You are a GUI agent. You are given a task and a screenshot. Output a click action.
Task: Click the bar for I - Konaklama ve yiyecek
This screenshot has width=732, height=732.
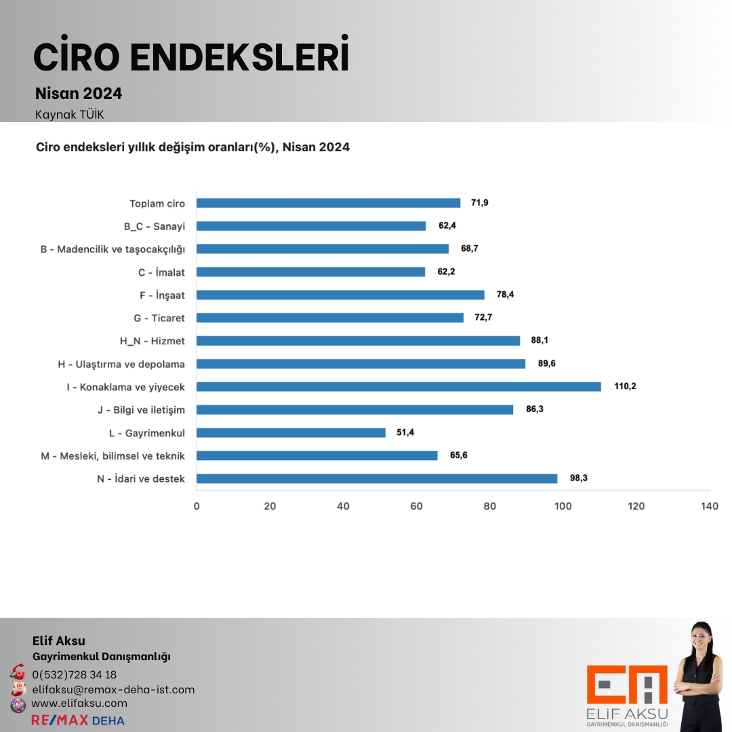pyautogui.click(x=399, y=386)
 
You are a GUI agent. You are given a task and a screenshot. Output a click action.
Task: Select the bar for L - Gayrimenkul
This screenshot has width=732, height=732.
pyautogui.click(x=291, y=432)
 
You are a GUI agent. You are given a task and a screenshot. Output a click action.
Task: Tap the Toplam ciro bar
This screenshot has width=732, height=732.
pyautogui.click(x=328, y=203)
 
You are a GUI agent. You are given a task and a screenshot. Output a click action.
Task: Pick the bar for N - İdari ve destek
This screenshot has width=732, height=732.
pyautogui.click(x=377, y=479)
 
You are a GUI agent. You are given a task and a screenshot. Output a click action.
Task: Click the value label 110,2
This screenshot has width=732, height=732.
pyautogui.click(x=625, y=386)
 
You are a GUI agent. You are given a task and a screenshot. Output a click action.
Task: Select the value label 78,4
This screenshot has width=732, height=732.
pyautogui.click(x=506, y=295)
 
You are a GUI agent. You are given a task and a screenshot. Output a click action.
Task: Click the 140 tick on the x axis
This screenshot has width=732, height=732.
pyautogui.click(x=710, y=506)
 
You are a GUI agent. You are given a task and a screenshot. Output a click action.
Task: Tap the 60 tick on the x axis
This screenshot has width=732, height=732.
pyautogui.click(x=416, y=506)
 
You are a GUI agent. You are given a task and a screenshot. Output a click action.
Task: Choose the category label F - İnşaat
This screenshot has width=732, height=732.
pyautogui.click(x=161, y=295)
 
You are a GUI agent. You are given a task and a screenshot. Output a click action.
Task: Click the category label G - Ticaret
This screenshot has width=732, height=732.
pyautogui.click(x=159, y=318)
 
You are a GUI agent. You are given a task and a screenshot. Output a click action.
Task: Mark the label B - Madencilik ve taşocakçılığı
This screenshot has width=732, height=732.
pyautogui.click(x=113, y=249)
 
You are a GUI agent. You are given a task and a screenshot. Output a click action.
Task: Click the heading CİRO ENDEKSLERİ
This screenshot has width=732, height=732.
pyautogui.click(x=191, y=57)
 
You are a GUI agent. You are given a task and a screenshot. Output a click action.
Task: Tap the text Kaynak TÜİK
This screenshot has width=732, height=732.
pyautogui.click(x=69, y=115)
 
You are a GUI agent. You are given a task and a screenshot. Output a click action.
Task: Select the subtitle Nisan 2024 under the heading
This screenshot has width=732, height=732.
pyautogui.click(x=79, y=94)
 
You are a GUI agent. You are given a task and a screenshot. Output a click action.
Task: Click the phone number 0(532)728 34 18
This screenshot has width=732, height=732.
pyautogui.click(x=74, y=674)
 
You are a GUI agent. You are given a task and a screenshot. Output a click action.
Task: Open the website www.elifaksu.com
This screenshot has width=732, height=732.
pyautogui.click(x=79, y=704)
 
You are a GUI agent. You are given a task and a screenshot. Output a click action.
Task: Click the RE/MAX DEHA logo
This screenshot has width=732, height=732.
pyautogui.click(x=78, y=720)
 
